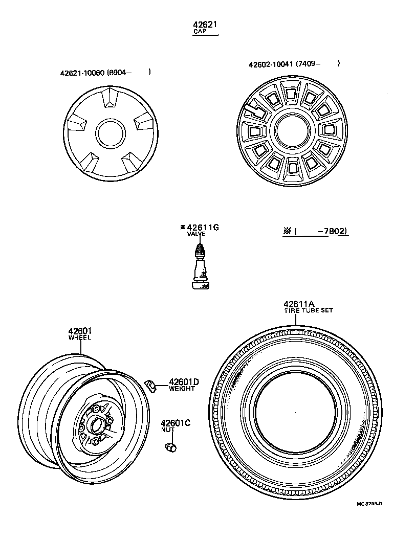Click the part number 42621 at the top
[205, 25]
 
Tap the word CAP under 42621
[199, 32]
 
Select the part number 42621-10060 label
[83, 73]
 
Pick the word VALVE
[196, 234]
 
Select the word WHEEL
[79, 338]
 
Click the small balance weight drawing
[150, 385]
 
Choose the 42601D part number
[183, 381]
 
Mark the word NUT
[168, 430]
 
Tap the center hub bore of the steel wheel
[95, 424]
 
